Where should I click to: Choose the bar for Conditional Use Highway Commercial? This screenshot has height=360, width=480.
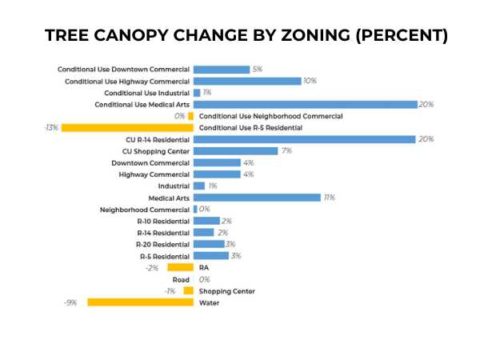[x=247, y=81]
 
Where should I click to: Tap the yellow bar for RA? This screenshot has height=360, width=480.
[x=181, y=267]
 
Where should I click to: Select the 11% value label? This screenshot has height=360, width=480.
[x=329, y=197]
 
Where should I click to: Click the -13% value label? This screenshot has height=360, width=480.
[x=51, y=128]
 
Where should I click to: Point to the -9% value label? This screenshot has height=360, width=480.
[x=71, y=302]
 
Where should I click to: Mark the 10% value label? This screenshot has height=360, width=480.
[x=310, y=81]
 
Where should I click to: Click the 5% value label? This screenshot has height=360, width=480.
[x=258, y=69]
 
